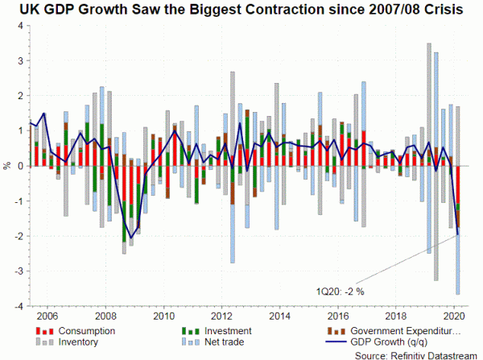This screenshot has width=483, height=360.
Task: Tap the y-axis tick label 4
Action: (17, 27)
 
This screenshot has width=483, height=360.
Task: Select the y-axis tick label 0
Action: (17, 166)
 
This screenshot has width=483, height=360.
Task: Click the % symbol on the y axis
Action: (7, 166)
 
